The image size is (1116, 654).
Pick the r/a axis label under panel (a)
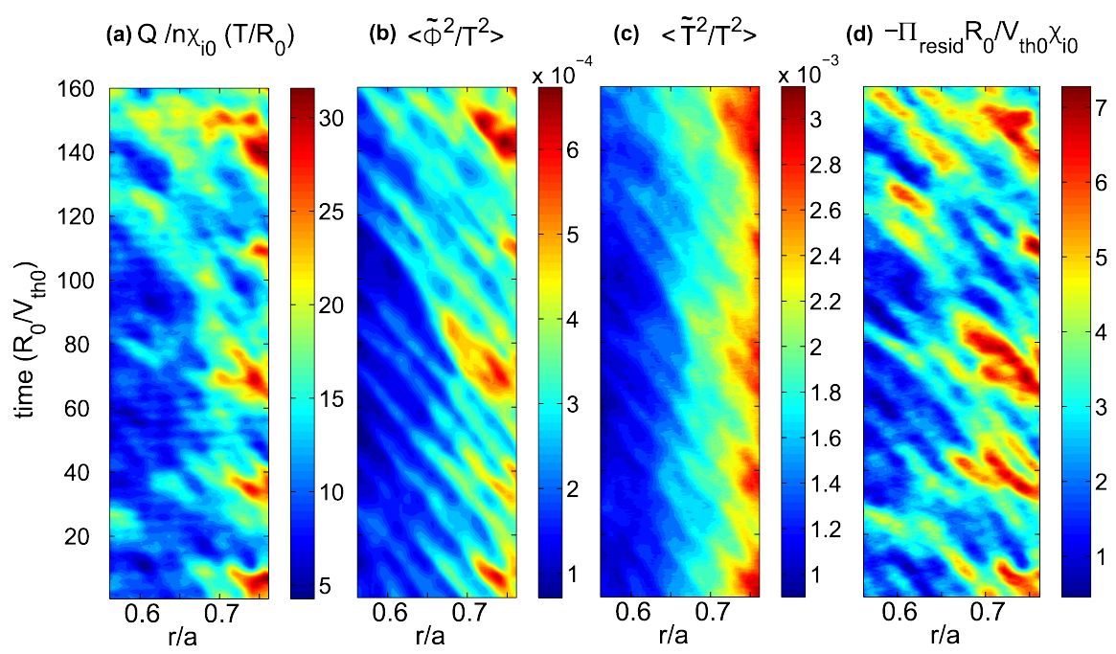(x=188, y=635)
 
